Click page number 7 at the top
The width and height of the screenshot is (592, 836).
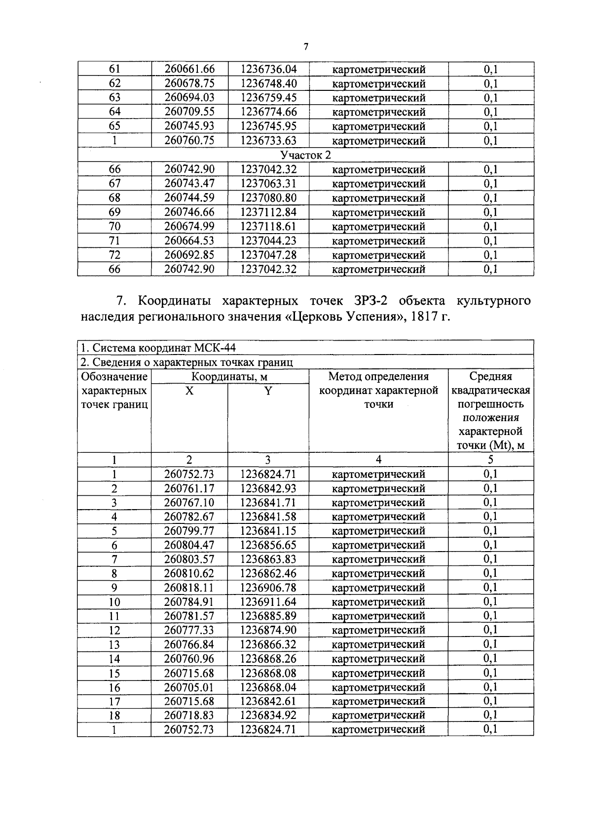point(306,47)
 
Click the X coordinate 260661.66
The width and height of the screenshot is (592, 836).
point(189,69)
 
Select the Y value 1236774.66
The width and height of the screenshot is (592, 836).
point(268,112)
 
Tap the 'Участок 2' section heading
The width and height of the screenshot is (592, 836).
point(305,155)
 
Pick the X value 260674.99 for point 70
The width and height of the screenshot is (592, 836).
point(189,227)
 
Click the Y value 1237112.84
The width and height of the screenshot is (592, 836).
point(268,212)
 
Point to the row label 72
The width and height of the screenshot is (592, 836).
point(114,255)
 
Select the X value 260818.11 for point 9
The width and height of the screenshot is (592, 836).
point(189,588)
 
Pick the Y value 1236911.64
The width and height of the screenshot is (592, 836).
point(268,602)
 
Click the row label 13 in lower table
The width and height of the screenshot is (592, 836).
point(114,645)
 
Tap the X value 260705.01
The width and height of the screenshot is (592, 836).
point(189,687)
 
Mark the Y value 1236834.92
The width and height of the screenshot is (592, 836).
point(268,716)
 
